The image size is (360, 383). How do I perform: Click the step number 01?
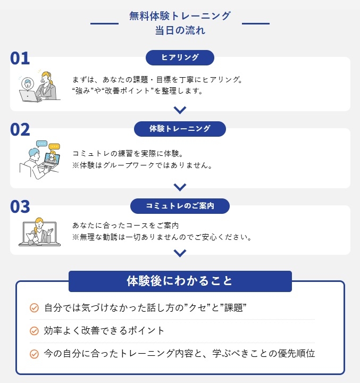(x=20, y=58)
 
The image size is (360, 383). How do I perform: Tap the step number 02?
(x=20, y=129)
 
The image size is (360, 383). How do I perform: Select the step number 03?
(x=20, y=206)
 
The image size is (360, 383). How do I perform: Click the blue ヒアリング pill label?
(x=180, y=57)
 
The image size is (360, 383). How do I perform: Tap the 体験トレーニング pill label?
(x=180, y=129)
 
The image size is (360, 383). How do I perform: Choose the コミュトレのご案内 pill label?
(x=180, y=206)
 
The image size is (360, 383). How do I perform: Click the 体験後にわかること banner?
(x=180, y=281)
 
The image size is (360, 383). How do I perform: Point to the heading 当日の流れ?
(x=180, y=30)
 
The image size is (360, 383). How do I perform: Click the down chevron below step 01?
(x=180, y=110)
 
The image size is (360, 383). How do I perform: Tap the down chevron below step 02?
(x=180, y=187)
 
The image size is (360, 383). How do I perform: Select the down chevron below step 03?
(x=180, y=253)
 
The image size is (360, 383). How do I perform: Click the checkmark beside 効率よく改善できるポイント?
(x=34, y=331)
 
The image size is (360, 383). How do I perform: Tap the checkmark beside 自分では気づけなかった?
(x=34, y=308)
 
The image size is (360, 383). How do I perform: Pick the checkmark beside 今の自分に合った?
(x=34, y=354)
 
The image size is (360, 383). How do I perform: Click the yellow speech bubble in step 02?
(x=54, y=147)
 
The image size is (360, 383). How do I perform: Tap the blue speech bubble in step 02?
(x=41, y=144)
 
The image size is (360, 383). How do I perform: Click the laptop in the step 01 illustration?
(x=28, y=96)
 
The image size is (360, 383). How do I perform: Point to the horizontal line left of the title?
(x=105, y=23)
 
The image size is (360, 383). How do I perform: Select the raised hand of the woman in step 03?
(x=51, y=231)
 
